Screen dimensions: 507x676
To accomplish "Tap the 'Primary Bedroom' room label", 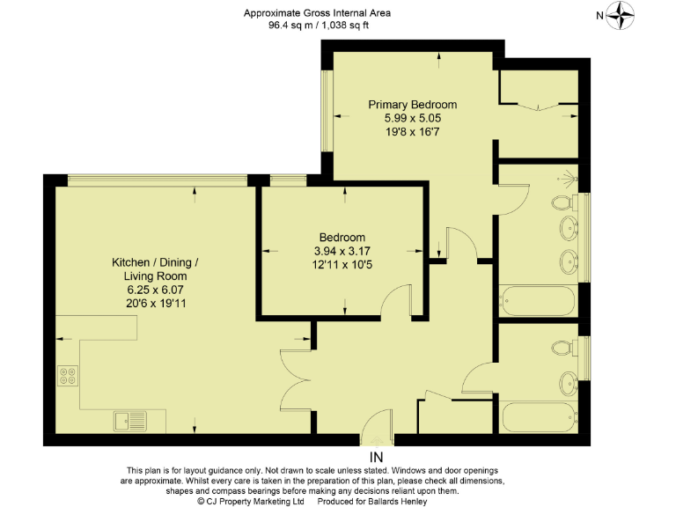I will click(412, 105).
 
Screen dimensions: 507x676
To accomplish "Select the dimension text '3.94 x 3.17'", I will click(342, 251).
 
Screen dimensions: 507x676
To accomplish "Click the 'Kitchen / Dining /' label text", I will click(155, 263).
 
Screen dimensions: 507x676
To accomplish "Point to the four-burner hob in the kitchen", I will click(68, 376).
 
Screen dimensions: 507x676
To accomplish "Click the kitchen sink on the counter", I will click(128, 421).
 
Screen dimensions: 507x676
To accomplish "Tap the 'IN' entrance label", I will click(377, 458).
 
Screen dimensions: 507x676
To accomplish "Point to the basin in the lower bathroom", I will click(568, 383).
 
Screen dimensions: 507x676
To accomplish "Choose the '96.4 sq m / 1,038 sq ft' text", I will click(318, 26).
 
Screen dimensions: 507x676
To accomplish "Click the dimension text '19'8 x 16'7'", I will click(412, 131).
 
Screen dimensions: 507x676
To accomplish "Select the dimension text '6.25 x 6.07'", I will click(155, 290).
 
